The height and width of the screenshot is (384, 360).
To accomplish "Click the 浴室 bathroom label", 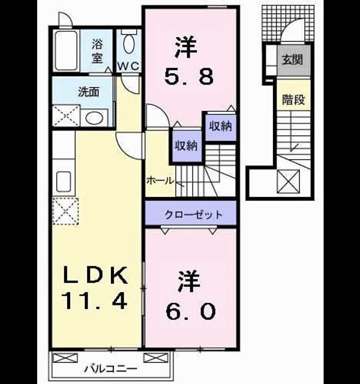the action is [97, 52].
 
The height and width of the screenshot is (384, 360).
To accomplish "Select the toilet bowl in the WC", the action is [129, 44].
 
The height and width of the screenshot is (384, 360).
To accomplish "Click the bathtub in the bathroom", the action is [66, 50].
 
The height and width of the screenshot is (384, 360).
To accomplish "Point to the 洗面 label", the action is [89, 92].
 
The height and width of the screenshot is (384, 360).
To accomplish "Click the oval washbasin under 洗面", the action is [94, 118].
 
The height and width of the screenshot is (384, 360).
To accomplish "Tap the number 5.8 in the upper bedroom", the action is [188, 76].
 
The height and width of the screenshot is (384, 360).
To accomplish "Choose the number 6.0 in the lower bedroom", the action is [191, 311].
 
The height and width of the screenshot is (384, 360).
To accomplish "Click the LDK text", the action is [95, 275].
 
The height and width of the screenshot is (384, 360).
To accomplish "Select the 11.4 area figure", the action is [94, 301].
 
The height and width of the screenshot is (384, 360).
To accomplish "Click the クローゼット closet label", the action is [193, 215].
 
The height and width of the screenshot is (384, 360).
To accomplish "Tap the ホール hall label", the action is [160, 181].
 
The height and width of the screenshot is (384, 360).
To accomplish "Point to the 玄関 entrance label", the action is [292, 60].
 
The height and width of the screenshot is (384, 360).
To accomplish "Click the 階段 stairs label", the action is [293, 100].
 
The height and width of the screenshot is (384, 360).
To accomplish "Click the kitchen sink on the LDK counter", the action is [64, 182].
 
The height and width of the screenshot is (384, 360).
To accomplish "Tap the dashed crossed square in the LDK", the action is [65, 211].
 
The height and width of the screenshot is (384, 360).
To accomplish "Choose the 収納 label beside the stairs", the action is [187, 146].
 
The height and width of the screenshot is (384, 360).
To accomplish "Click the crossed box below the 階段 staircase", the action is [288, 181].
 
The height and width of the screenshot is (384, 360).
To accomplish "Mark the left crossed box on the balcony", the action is [65, 358].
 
